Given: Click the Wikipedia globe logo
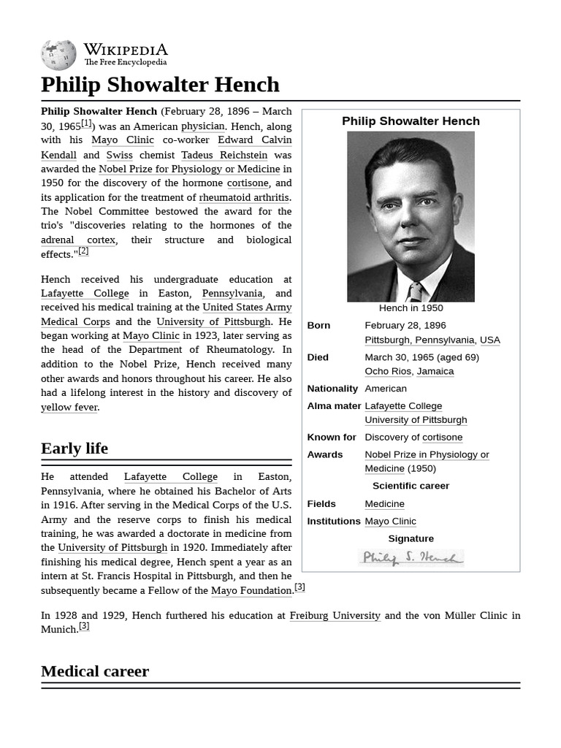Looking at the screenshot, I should click(58, 55).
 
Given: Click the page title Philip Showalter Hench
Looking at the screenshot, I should click(160, 85).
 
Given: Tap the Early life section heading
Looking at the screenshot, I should click(75, 448).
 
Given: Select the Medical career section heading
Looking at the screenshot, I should click(95, 671).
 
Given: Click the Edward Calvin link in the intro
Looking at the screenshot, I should click(254, 140).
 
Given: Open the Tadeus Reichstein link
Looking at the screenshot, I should click(224, 154).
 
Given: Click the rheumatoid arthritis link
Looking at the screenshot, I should click(244, 197).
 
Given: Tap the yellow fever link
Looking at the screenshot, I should click(69, 407).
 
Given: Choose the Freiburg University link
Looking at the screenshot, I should click(335, 615).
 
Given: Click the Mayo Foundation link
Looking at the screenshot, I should click(251, 590).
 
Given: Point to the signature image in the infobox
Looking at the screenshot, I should click(411, 558).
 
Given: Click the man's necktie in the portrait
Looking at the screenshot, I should click(415, 293).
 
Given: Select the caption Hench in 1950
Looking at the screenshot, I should click(411, 308).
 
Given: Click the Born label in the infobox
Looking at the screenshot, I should click(318, 325).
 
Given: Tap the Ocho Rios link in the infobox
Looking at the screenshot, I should click(388, 371).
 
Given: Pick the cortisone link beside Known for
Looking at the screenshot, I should click(442, 437).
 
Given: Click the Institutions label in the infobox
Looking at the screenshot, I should click(334, 521).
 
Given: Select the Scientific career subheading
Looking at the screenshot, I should click(411, 486).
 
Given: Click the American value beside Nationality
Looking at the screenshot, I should click(386, 389).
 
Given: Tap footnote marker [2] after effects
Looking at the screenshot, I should click(83, 251).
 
